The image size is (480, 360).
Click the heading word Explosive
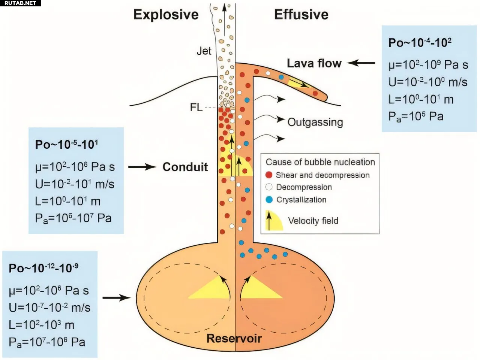(166, 15)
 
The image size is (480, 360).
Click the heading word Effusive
(301, 15)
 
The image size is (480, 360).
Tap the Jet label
(204, 51)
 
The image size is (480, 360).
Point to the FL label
(196, 108)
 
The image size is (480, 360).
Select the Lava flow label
(314, 63)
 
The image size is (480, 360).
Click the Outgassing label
(315, 122)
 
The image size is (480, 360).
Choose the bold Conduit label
(185, 167)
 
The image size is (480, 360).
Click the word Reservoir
(234, 338)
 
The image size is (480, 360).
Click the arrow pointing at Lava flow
(361, 63)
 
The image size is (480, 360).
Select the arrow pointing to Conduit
(142, 167)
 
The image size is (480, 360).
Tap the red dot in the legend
(268, 175)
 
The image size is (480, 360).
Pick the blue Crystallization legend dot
(268, 200)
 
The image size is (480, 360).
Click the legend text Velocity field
(313, 221)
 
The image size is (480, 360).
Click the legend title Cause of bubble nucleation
(320, 162)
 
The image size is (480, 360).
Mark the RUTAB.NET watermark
(20, 3)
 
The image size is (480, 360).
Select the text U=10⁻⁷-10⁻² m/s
(49, 308)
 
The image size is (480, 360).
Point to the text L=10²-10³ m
(41, 325)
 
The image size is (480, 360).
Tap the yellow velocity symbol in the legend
(273, 221)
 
